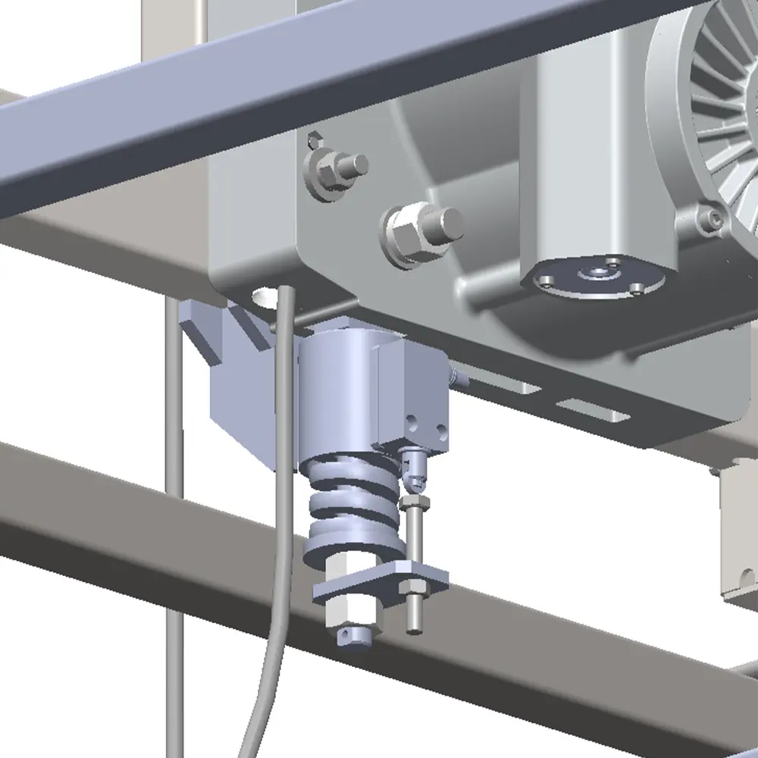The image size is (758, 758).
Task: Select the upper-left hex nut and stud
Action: tap(334, 170)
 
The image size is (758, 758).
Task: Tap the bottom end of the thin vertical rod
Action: tap(415, 625)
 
